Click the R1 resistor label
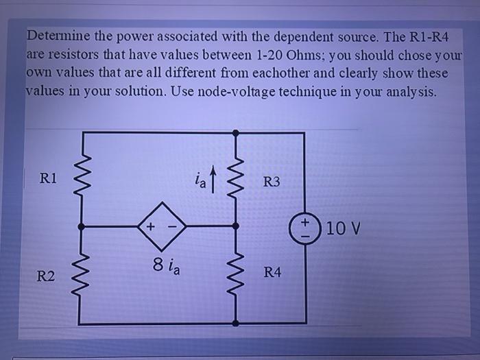point(49,179)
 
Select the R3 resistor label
point(272,182)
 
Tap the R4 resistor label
point(272,273)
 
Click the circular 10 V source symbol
point(302,226)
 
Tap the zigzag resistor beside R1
point(83,179)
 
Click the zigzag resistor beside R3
point(237,180)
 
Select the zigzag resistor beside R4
point(237,273)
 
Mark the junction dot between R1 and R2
point(83,226)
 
